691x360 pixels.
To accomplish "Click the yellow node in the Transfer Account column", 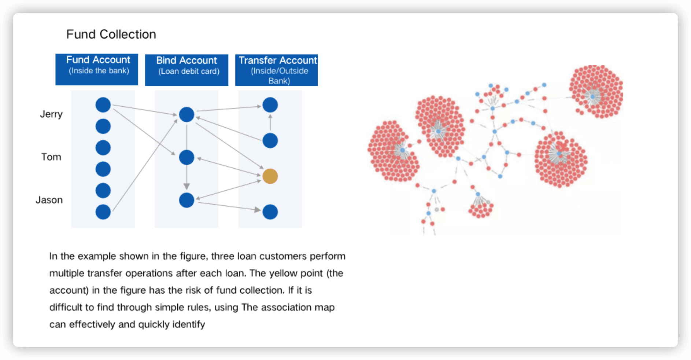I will pyautogui.click(x=270, y=176).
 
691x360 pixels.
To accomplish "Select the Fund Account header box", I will pyautogui.click(x=97, y=69).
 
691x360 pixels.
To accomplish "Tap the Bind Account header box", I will pyautogui.click(x=186, y=70).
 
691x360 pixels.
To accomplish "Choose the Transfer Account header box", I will pyautogui.click(x=276, y=70).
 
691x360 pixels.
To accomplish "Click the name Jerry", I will pyautogui.click(x=51, y=114).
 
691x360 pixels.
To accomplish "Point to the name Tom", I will pyautogui.click(x=51, y=157).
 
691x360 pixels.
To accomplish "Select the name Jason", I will pyautogui.click(x=49, y=200).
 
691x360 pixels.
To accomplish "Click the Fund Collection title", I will pyautogui.click(x=111, y=34).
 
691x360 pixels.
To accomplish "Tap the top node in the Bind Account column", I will pyautogui.click(x=186, y=115).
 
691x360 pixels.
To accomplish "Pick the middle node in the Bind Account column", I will pyautogui.click(x=186, y=158).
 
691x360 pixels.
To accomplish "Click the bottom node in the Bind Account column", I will pyautogui.click(x=186, y=200).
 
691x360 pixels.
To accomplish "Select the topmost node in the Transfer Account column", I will pyautogui.click(x=270, y=105).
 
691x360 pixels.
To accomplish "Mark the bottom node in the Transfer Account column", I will pyautogui.click(x=270, y=212).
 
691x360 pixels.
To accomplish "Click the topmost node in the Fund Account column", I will pyautogui.click(x=103, y=105).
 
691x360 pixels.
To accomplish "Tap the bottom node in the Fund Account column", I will pyautogui.click(x=103, y=212).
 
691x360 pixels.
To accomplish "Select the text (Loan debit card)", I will pyautogui.click(x=189, y=71).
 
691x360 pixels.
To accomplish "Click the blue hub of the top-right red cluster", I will pyautogui.click(x=592, y=96).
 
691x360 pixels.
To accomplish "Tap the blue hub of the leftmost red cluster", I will pyautogui.click(x=402, y=150).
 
